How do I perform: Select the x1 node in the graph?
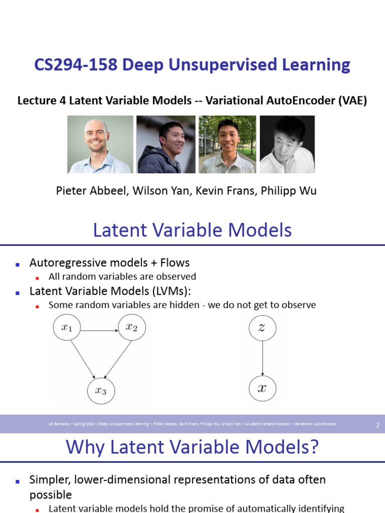tap(67, 328)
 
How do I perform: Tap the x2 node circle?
tap(131, 328)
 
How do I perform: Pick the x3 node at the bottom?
tap(101, 391)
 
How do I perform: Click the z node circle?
tap(262, 328)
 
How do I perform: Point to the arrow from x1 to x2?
tap(99, 331)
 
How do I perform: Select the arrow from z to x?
tap(262, 358)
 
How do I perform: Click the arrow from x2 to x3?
tap(117, 359)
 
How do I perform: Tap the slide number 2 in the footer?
tap(377, 425)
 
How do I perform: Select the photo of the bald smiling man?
tap(100, 144)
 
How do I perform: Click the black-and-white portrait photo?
tap(287, 144)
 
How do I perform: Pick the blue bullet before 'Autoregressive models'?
tap(18, 264)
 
